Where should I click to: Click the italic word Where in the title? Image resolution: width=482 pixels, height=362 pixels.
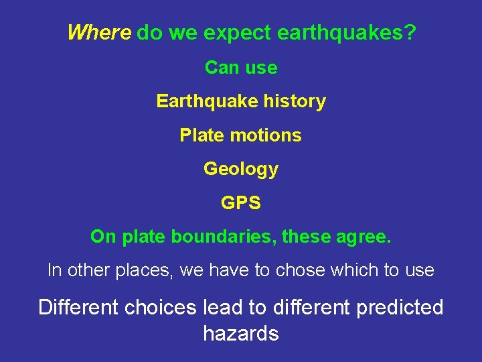click(x=99, y=32)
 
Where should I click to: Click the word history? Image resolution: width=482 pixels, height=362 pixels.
click(x=295, y=101)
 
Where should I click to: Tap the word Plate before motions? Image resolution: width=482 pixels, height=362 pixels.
click(x=201, y=135)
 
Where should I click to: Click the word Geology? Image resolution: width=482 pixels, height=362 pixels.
click(x=241, y=169)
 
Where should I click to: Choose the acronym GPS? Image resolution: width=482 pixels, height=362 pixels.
click(x=241, y=202)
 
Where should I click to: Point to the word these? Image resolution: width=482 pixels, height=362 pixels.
click(x=307, y=237)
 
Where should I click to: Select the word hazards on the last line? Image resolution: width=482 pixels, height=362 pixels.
click(x=241, y=333)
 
